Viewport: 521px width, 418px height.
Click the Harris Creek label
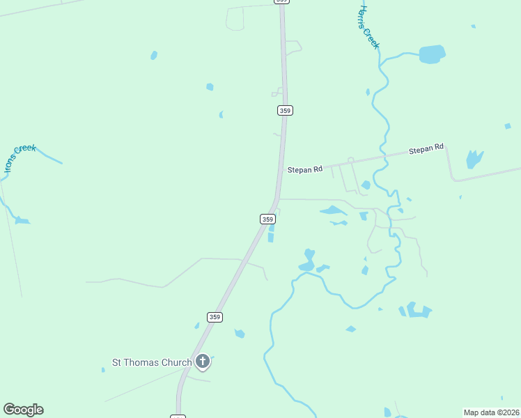[x=368, y=28]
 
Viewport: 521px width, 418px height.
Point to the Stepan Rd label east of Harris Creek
[x=426, y=149]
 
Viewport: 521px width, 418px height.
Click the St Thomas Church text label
[x=152, y=362]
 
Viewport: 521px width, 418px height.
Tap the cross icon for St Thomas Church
[x=203, y=361]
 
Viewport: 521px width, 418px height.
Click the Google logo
[x=24, y=410]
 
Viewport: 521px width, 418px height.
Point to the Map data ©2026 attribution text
[x=491, y=412]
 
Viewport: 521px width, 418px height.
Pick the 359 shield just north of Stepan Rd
[x=285, y=110]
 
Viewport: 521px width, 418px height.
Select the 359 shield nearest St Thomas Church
[x=215, y=317]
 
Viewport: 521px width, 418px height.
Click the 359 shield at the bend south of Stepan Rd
[x=267, y=219]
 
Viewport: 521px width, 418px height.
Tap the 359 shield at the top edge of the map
[x=281, y=1]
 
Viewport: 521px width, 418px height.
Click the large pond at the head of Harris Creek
[x=432, y=54]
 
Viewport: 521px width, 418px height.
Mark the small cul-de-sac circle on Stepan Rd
[x=351, y=160]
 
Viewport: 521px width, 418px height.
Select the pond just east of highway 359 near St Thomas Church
[x=240, y=334]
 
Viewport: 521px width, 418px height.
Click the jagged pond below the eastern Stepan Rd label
[x=474, y=159]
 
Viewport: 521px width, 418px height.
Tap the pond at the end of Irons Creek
[x=22, y=221]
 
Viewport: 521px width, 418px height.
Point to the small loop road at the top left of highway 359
[x=235, y=19]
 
